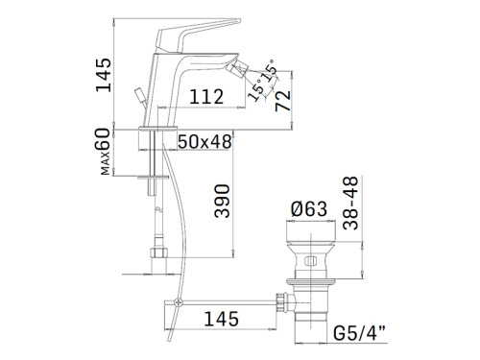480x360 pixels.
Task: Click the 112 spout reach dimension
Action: [x=206, y=97]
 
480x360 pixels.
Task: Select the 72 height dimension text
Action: [x=283, y=101]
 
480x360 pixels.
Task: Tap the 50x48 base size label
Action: [x=204, y=141]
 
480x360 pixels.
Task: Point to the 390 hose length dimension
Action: [x=222, y=201]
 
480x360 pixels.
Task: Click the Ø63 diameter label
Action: [x=309, y=208]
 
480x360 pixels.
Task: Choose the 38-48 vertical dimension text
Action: [x=350, y=203]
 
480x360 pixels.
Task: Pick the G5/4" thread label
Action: [x=360, y=333]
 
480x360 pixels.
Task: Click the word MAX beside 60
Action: [x=106, y=163]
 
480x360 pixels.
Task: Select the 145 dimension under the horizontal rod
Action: [x=221, y=319]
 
